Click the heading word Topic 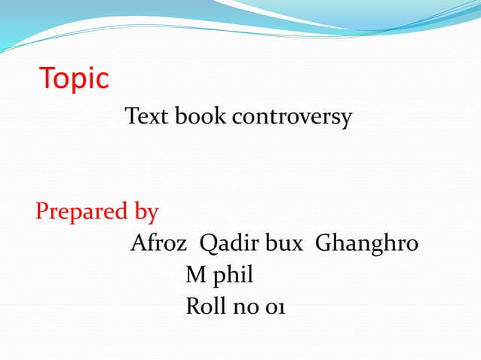tap(74, 79)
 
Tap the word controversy tap(292, 118)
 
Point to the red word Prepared tap(82, 212)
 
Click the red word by tap(146, 212)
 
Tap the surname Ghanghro tap(366, 246)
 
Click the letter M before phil tap(195, 276)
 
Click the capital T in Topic tap(47, 78)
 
